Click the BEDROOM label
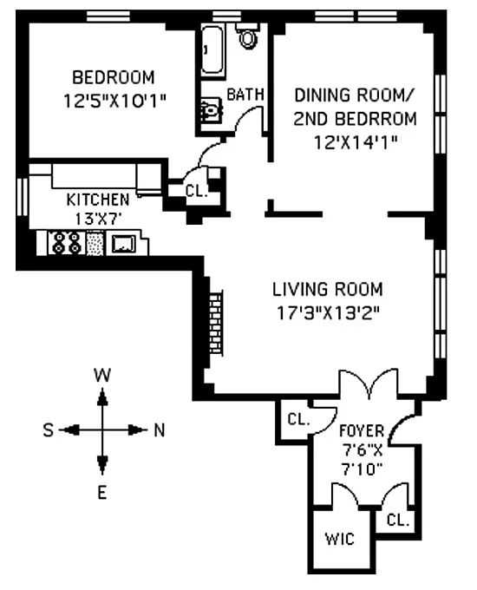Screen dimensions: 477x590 point(114,77)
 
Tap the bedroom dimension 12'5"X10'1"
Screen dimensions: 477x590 point(114,101)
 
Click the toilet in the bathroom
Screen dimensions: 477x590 point(247,36)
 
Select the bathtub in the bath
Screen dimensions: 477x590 point(212,50)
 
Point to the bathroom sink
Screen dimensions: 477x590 point(210,110)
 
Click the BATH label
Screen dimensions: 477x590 point(245,94)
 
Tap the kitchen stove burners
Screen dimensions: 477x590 point(67,243)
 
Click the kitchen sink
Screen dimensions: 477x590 point(123,244)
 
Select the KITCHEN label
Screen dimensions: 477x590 point(98,200)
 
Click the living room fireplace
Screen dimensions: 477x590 point(216,322)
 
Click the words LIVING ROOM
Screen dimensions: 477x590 point(328,289)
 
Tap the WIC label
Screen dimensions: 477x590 point(340,539)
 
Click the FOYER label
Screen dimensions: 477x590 point(362,430)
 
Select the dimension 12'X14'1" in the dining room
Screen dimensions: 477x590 point(356,142)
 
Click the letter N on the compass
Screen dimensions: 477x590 point(160,429)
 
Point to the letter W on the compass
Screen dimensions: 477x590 point(102,375)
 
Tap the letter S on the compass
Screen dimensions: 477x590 point(49,429)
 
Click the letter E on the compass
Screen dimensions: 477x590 point(102,493)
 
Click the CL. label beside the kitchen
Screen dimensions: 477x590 point(197,191)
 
